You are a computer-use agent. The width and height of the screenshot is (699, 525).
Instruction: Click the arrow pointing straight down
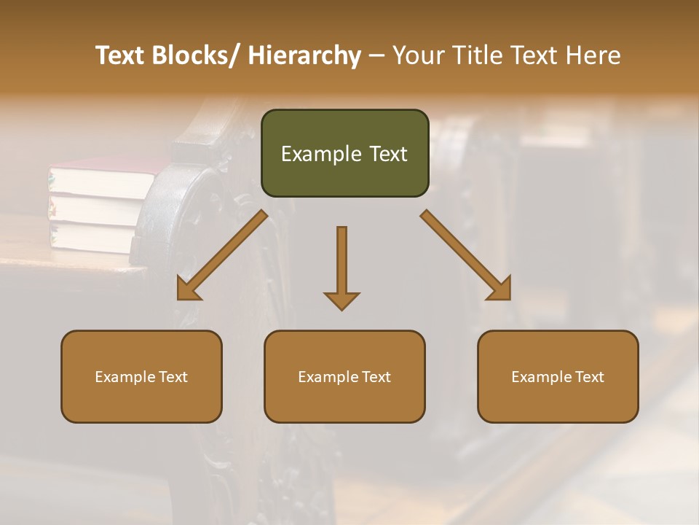click(341, 266)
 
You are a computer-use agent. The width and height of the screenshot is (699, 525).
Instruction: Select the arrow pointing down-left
click(222, 255)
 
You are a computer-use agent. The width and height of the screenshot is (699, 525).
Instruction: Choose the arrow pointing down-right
click(466, 255)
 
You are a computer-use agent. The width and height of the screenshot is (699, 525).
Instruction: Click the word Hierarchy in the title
click(304, 55)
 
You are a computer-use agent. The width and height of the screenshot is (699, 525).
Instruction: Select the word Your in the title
click(418, 55)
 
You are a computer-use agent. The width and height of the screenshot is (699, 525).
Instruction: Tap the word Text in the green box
click(388, 155)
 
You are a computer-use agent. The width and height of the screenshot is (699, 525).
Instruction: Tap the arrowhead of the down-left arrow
click(187, 289)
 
